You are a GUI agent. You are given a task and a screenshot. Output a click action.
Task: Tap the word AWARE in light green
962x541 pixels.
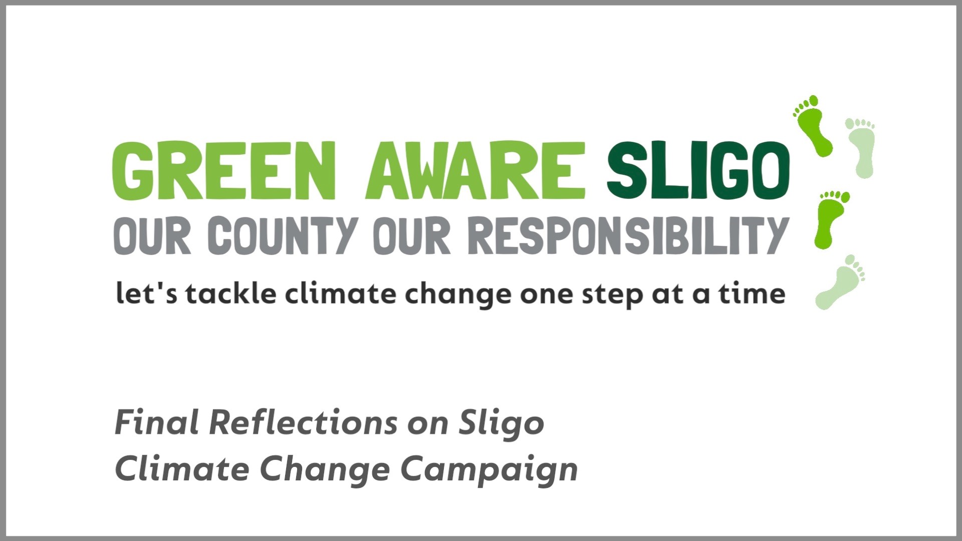(475, 171)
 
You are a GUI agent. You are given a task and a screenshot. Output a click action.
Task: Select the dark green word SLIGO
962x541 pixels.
(698, 171)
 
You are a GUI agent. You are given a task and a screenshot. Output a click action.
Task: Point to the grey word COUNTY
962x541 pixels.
(282, 235)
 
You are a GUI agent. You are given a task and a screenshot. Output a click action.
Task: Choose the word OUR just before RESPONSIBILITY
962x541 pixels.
(412, 235)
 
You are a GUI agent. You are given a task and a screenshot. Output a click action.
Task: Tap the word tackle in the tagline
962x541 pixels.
(231, 294)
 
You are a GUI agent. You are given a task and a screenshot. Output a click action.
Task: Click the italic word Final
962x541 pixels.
(157, 422)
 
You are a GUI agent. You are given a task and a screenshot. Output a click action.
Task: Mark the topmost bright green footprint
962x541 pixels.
(813, 126)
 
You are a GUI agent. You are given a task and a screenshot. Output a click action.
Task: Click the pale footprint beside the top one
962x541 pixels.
(861, 147)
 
